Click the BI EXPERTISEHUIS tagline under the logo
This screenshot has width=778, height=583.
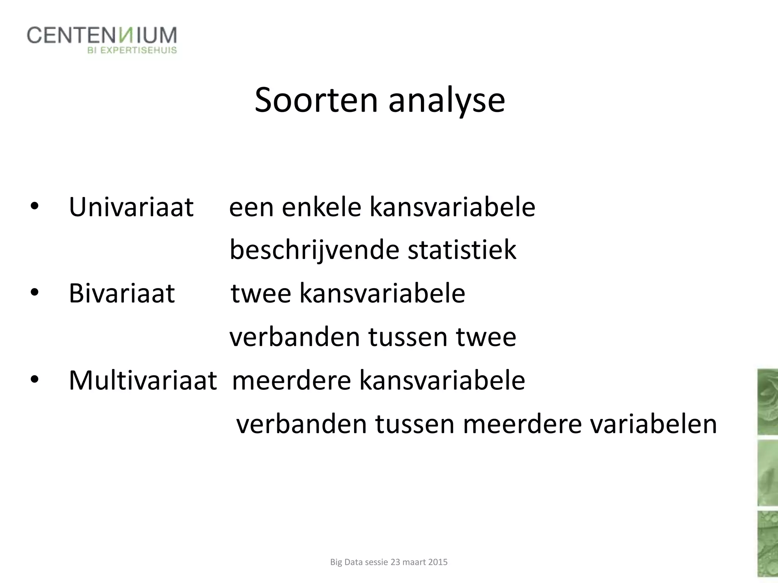tap(132, 50)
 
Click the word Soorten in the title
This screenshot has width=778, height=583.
tap(316, 100)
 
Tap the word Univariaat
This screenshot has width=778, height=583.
tap(131, 207)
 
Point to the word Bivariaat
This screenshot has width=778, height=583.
tap(122, 293)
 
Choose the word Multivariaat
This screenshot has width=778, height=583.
tap(142, 380)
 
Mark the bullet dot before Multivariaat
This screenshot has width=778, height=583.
tap(34, 379)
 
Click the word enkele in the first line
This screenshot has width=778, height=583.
tap(321, 207)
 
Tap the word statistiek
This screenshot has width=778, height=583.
tap(462, 251)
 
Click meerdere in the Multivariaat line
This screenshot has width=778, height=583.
tap(291, 380)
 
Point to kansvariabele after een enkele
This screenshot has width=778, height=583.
tap(452, 207)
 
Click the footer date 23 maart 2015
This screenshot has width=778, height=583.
tap(419, 562)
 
